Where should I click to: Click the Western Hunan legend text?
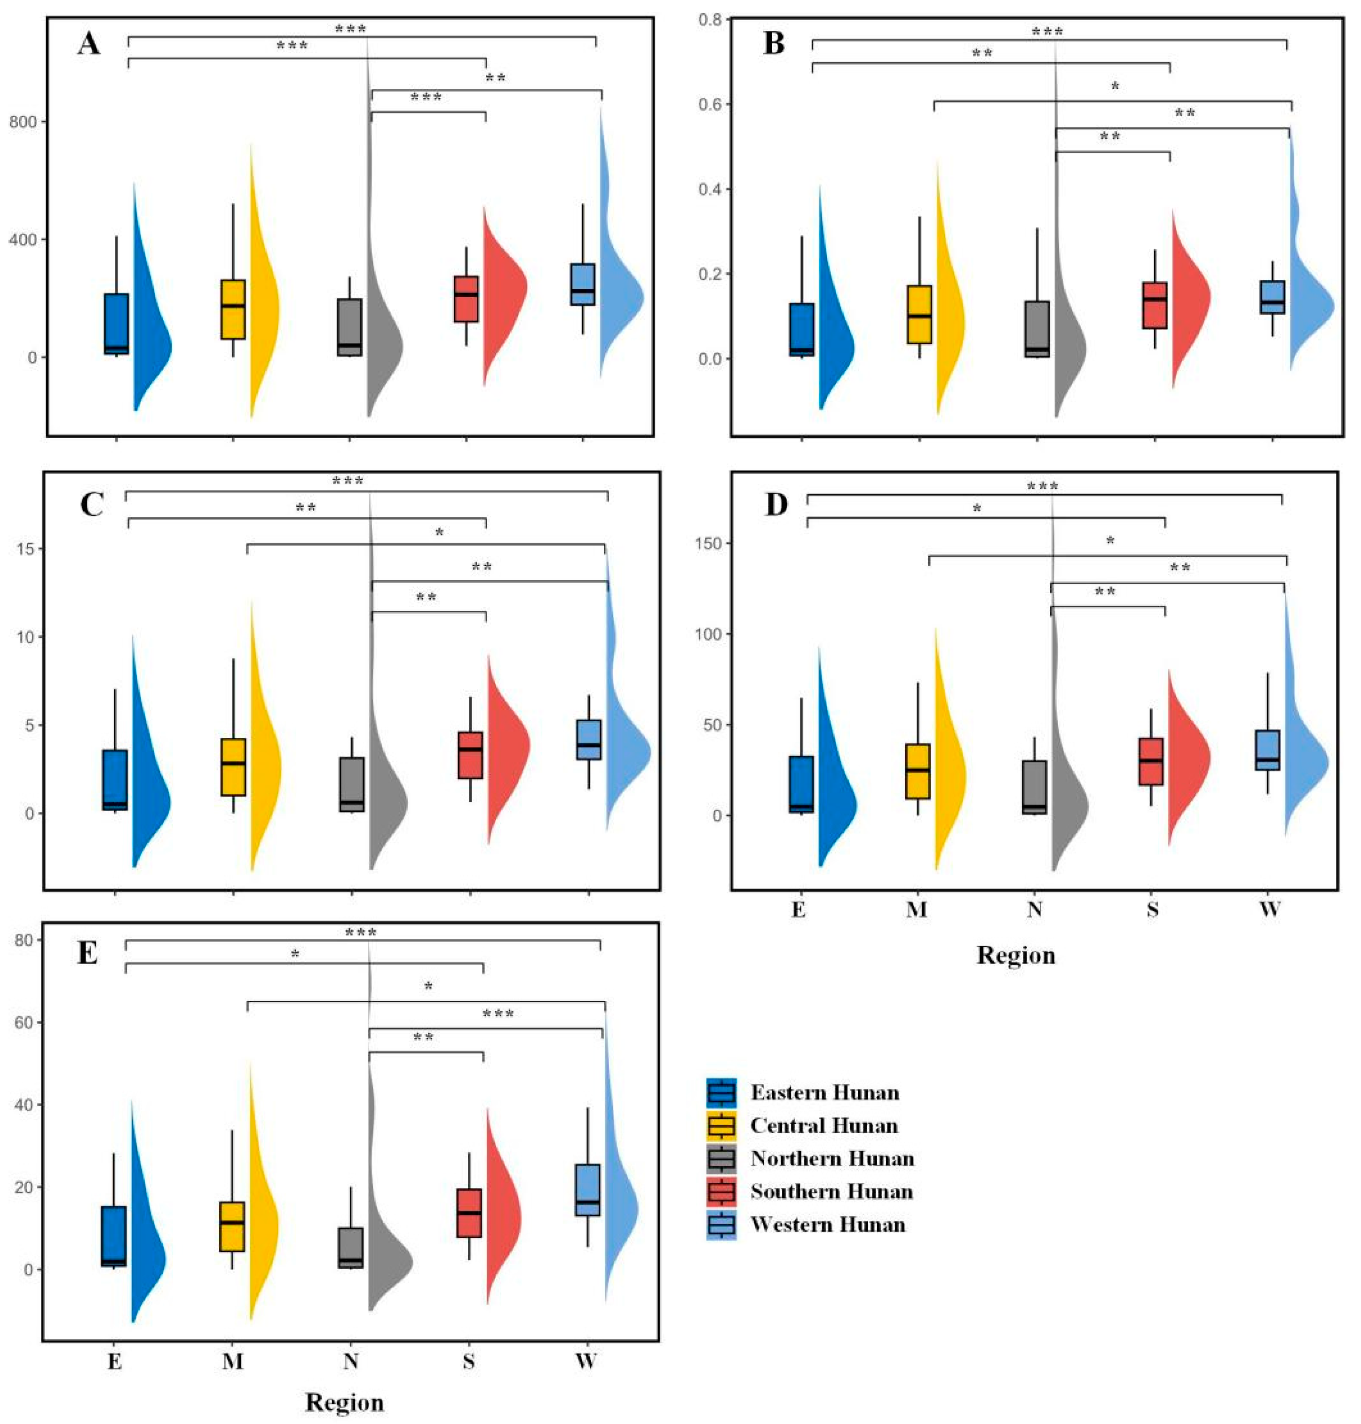828,1225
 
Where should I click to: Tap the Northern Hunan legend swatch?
721,1158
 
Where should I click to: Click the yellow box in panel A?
233,309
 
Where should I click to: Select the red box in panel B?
1154,305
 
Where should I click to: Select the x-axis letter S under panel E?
469,1361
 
